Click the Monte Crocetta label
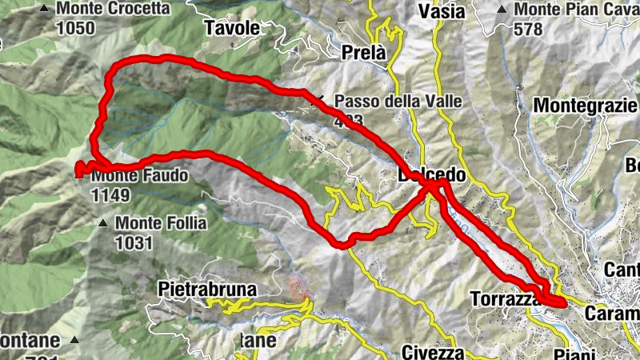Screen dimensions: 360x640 (113, 9)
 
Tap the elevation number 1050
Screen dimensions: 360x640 (75, 28)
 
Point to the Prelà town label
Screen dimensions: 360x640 (363, 53)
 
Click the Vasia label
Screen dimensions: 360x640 (442, 11)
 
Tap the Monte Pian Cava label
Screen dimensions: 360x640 (576, 10)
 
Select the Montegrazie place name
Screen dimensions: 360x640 (586, 105)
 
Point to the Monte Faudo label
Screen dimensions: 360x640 (139, 175)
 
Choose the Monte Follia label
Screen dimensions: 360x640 (161, 223)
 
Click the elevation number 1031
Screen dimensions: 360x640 (134, 242)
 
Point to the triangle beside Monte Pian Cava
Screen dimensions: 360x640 (501, 10)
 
